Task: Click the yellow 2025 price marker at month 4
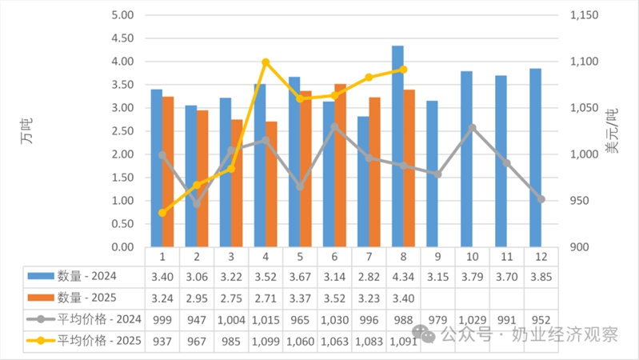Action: (x=266, y=62)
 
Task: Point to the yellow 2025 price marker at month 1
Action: (x=162, y=213)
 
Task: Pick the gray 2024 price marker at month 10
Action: (x=473, y=128)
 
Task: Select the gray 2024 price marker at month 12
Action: (x=541, y=199)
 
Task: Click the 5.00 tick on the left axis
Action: (x=121, y=15)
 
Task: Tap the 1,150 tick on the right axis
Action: (x=586, y=15)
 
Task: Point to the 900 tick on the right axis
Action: (x=581, y=247)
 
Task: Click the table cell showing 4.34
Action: (x=404, y=277)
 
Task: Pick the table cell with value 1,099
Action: (x=266, y=338)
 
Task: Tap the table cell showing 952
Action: (x=541, y=318)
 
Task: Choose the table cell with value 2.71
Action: (x=266, y=298)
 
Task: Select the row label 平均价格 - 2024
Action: (x=90, y=318)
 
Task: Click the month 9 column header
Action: (x=438, y=257)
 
